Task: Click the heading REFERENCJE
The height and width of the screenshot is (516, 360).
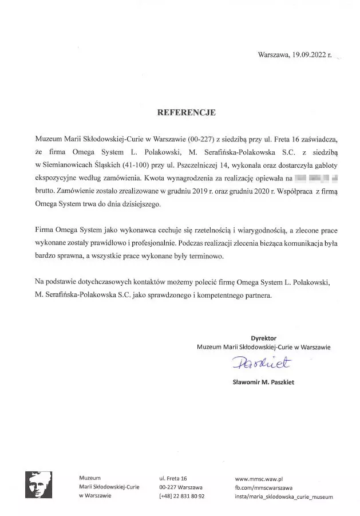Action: tap(186, 113)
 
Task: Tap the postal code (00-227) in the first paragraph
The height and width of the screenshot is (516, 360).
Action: tap(199, 139)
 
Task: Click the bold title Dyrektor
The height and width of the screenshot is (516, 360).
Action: tap(263, 338)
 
